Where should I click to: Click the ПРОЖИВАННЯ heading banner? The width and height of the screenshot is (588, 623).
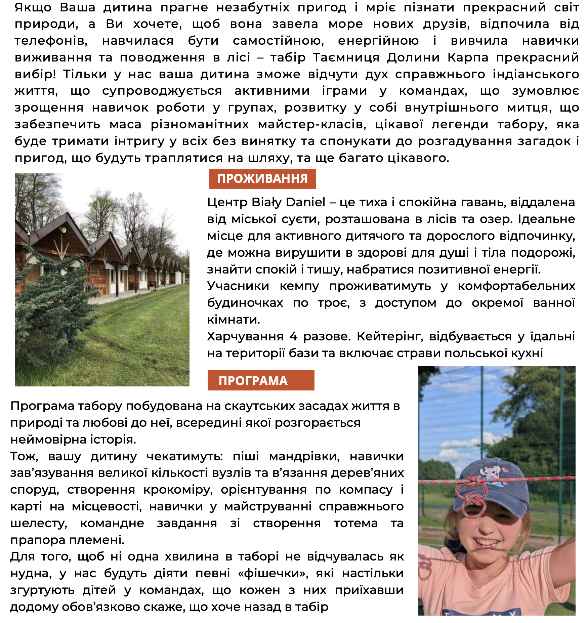pyautogui.click(x=262, y=179)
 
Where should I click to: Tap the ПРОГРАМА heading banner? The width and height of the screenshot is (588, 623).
pyautogui.click(x=260, y=380)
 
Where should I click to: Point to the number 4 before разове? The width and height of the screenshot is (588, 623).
pyautogui.click(x=293, y=336)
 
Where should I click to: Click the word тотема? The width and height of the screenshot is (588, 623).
pyautogui.click(x=355, y=523)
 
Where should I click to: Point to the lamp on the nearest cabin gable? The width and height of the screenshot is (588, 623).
pyautogui.click(x=64, y=230)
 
